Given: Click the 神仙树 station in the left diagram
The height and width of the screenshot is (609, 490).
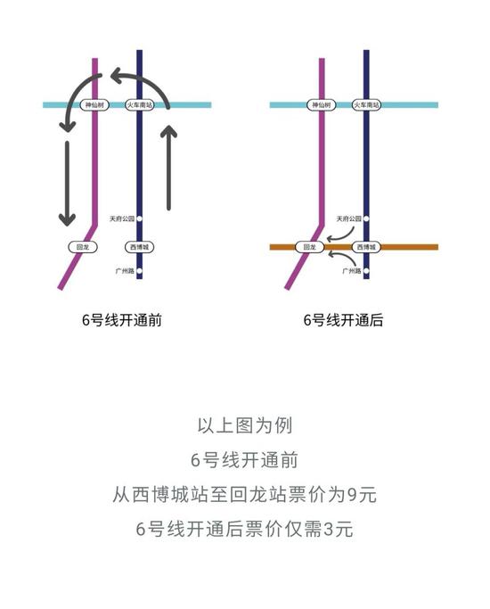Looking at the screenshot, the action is tap(94, 105).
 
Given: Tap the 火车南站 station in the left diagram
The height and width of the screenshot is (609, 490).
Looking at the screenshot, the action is tap(140, 105).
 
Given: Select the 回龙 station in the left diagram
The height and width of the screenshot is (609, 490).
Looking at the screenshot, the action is tap(82, 247).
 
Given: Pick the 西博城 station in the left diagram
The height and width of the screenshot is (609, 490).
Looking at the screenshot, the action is tap(139, 247).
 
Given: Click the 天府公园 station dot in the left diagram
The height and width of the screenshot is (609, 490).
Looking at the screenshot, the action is tap(139, 219).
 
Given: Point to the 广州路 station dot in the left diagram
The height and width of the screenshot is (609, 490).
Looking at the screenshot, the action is tap(139, 271).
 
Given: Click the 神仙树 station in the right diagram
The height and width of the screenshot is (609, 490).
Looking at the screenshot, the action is tap(322, 105).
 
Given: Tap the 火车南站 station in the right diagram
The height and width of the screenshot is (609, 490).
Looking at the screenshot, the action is tap(367, 105).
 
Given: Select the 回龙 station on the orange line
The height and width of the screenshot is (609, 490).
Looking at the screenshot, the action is tap(309, 247).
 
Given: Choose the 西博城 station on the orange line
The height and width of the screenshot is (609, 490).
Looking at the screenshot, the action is tap(366, 247).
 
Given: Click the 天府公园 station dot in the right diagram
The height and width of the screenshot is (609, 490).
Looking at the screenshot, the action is tap(366, 219).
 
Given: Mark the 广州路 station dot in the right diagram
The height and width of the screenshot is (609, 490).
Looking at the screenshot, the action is tap(366, 271).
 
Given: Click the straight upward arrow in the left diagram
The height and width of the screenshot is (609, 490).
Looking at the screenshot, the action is tap(168, 168).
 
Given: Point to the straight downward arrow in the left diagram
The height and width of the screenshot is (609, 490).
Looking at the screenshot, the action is tap(67, 184).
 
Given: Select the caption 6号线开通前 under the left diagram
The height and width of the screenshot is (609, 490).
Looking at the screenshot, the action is tap(121, 320).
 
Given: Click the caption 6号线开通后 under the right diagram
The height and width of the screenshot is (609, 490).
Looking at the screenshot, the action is tap(343, 320).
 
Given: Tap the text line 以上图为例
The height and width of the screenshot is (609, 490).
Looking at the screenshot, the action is tap(245, 425).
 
